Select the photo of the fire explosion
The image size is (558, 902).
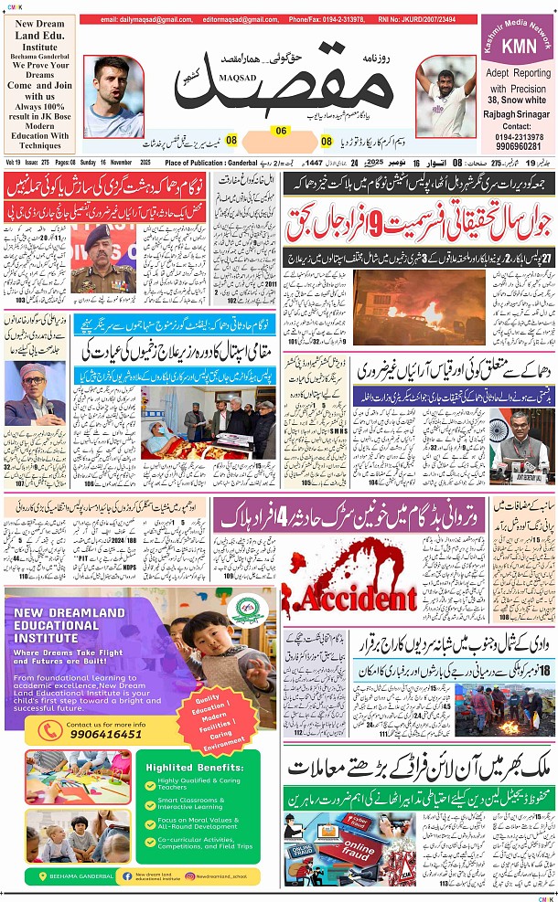407,307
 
